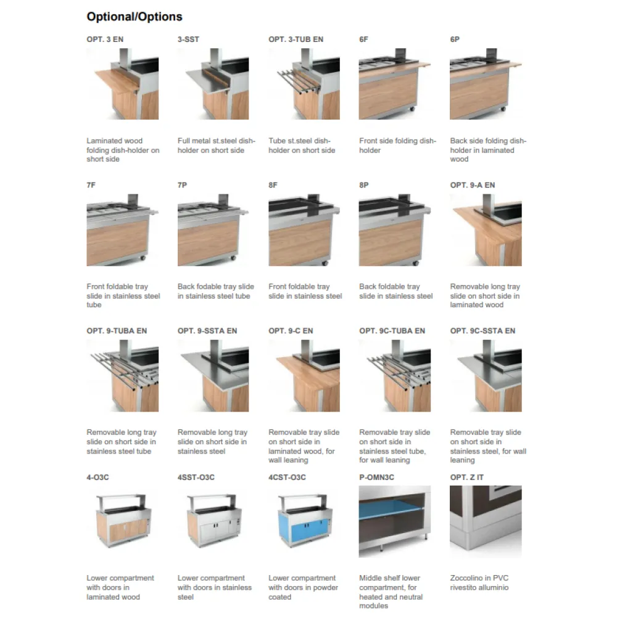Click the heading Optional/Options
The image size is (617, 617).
(x=135, y=17)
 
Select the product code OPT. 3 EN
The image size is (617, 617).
(x=105, y=39)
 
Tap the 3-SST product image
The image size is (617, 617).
(x=213, y=84)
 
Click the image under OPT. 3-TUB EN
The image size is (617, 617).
(x=304, y=84)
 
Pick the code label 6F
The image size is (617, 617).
(x=363, y=39)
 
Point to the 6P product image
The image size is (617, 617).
(x=486, y=84)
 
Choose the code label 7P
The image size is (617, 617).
(x=182, y=185)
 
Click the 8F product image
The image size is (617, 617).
(x=304, y=230)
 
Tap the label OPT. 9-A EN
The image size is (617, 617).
(x=473, y=185)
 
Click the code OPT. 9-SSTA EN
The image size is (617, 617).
(x=207, y=331)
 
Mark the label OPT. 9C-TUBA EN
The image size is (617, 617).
(x=392, y=331)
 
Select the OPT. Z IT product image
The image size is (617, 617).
(x=486, y=521)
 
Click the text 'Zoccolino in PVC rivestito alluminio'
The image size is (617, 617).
(x=479, y=583)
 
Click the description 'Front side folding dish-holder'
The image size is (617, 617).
(x=397, y=146)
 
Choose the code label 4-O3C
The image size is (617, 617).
(x=98, y=478)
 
